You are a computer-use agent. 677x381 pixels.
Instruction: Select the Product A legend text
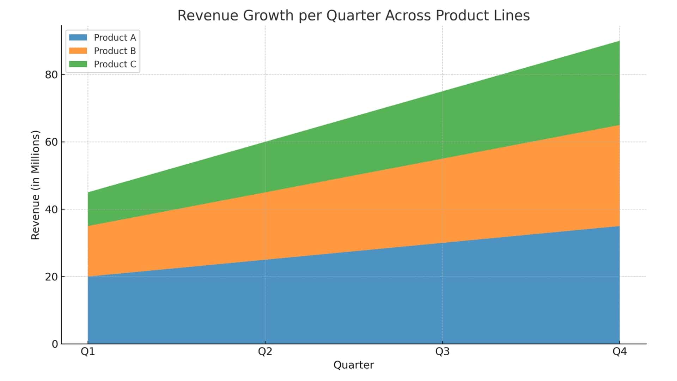coord(115,37)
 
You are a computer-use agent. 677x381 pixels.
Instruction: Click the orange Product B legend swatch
coord(78,51)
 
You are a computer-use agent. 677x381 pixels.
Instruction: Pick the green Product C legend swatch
coord(78,64)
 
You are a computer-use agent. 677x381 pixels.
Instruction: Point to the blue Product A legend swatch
coord(78,37)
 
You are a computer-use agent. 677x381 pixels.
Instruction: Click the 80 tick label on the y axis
coord(51,75)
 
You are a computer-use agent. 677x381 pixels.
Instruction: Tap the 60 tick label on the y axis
coord(51,142)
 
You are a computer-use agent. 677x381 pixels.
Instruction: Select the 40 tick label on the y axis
coord(51,210)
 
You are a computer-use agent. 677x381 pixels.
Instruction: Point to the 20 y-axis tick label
coord(51,277)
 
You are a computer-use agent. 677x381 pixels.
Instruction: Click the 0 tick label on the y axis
coord(55,344)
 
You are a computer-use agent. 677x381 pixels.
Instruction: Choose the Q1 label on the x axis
coord(88,352)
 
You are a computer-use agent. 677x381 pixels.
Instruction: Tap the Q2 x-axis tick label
coord(265,352)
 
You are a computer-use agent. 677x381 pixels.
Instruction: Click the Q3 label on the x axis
coord(443,352)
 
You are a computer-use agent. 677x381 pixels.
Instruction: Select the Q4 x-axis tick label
coord(620,352)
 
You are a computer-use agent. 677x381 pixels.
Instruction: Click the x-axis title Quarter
coord(354,365)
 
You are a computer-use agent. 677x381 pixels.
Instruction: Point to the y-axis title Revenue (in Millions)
coord(36,185)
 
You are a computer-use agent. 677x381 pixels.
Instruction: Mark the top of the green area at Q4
coord(620,41)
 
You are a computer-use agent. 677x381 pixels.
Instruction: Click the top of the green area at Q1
coord(88,192)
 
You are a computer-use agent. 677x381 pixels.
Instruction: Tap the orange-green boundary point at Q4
coord(620,125)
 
